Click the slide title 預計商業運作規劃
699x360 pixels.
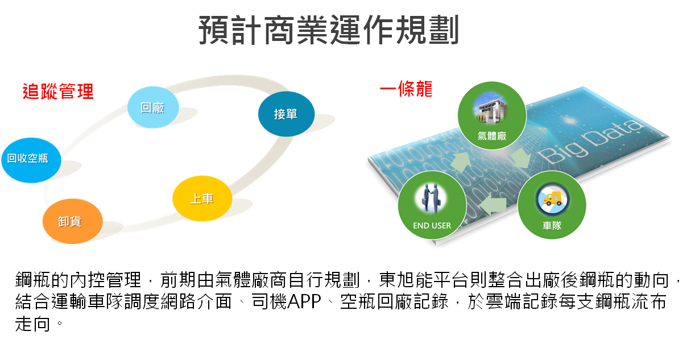[x=329, y=30]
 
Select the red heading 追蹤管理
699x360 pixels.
[x=58, y=92]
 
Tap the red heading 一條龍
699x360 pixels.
[x=406, y=89]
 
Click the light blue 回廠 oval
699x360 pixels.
[x=153, y=107]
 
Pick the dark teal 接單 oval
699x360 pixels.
[x=286, y=114]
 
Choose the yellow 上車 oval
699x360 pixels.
[x=202, y=198]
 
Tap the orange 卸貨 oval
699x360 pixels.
[x=72, y=221]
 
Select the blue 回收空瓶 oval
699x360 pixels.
[x=31, y=160]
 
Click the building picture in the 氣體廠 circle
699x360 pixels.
[x=491, y=108]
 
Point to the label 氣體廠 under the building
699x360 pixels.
[x=492, y=136]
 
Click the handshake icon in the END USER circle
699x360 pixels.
[x=431, y=198]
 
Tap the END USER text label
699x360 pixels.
[x=432, y=226]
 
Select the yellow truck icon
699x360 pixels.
[x=553, y=199]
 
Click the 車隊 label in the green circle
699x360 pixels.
[x=552, y=225]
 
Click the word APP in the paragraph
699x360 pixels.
[x=304, y=301]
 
